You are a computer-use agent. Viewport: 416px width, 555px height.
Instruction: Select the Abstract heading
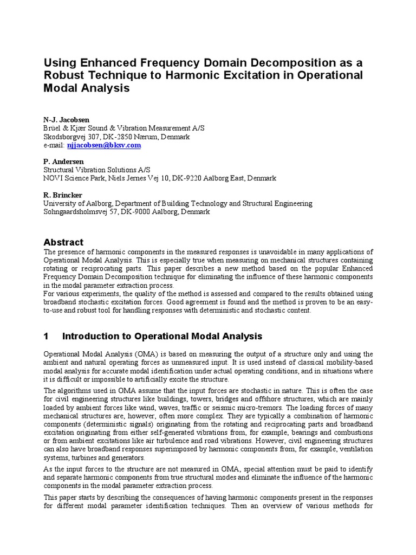point(63,242)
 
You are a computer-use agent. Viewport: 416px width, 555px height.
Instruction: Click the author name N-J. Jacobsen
point(66,119)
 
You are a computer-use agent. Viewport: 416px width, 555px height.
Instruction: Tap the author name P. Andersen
point(63,162)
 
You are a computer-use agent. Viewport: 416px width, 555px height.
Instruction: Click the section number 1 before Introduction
point(46,336)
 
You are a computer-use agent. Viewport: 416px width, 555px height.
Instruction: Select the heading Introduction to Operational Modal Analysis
point(162,336)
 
